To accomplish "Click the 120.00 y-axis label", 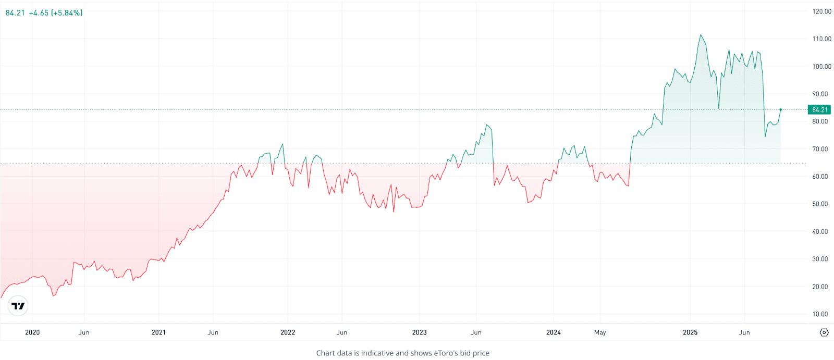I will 821,11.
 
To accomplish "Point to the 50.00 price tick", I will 820,204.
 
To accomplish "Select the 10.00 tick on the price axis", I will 820,314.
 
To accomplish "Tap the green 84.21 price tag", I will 819,110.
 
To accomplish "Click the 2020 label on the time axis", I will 32,332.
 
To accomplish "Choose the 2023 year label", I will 419,332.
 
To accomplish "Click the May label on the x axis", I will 600,332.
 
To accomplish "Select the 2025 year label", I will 690,332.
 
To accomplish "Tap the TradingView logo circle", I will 18,306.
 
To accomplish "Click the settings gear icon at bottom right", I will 824,332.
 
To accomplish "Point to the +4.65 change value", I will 39,13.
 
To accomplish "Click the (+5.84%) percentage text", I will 67,13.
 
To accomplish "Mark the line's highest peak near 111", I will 701,35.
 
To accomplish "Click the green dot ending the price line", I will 780,109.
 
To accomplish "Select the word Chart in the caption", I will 326,353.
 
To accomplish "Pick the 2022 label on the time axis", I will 288,332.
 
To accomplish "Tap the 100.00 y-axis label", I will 821,67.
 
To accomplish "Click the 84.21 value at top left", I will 15,13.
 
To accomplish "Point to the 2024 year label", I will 554,332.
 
